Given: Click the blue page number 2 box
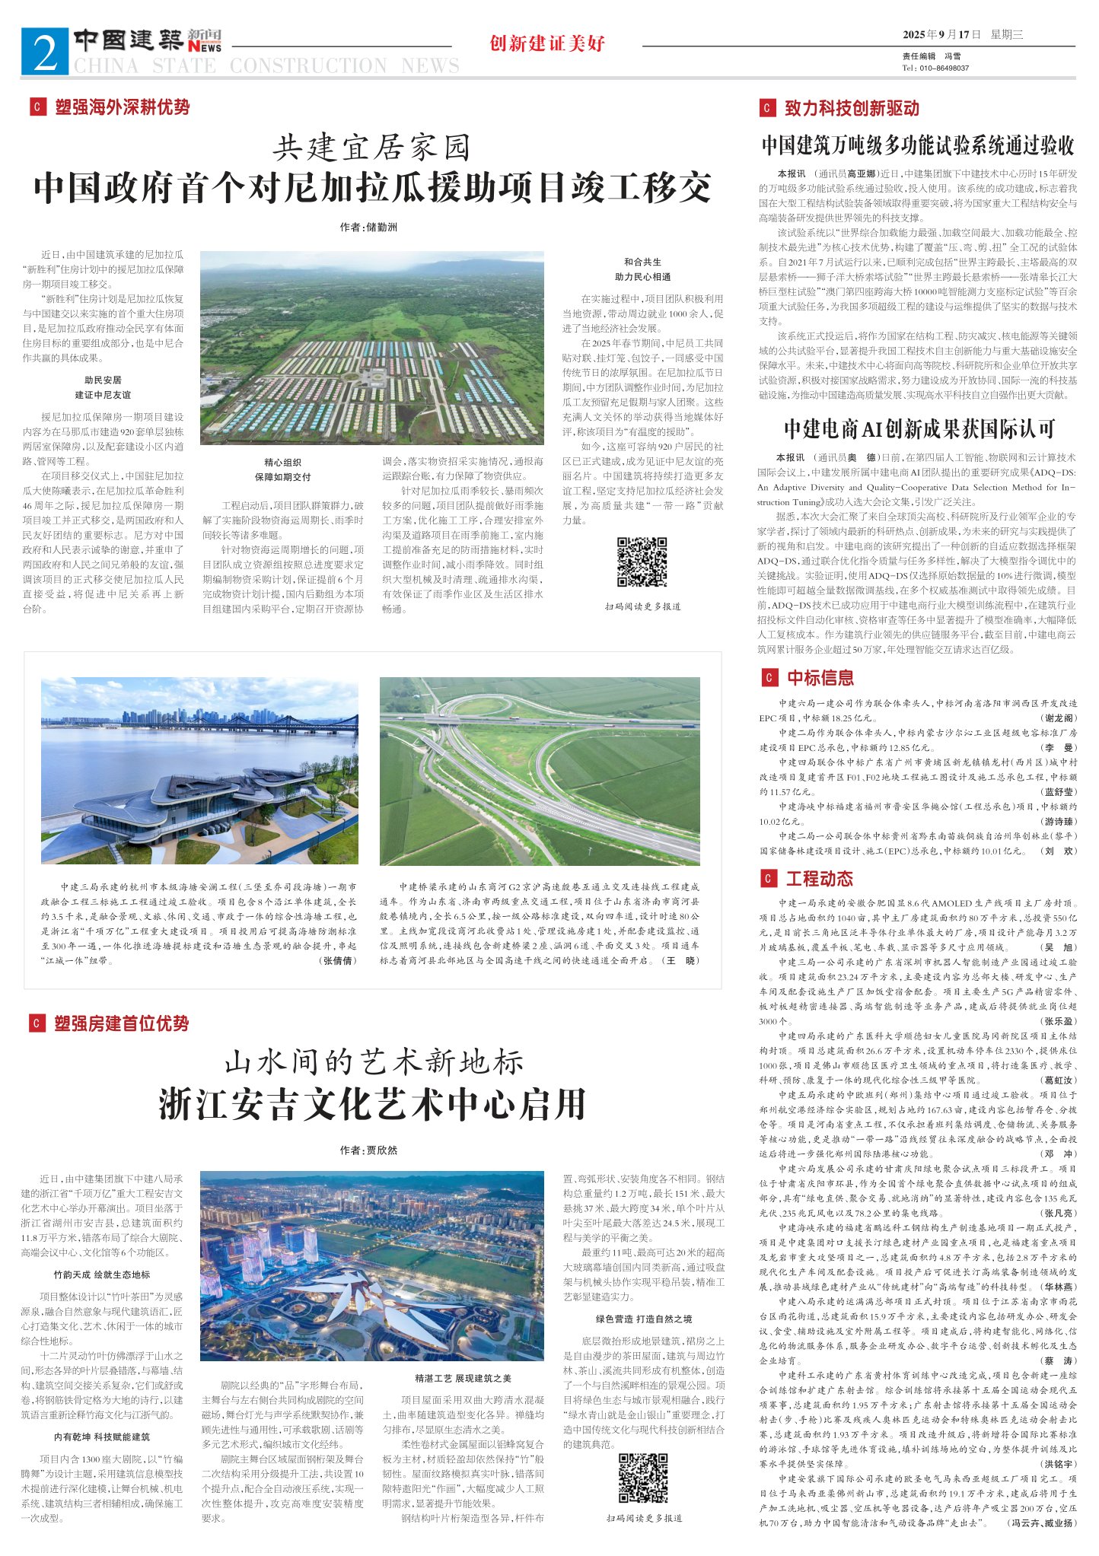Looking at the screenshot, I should tap(46, 51).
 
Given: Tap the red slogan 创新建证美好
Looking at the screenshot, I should tap(547, 43).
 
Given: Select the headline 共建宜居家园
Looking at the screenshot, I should tap(372, 148).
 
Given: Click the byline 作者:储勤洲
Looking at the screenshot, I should tap(369, 227).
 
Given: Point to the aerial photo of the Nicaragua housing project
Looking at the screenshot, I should tap(372, 348).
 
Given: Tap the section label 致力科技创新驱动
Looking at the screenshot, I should tap(851, 108).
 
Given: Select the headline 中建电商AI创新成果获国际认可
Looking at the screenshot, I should tap(919, 429).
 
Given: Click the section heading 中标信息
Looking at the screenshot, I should tap(820, 678).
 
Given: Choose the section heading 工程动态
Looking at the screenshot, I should tap(819, 879).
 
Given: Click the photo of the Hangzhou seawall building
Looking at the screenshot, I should tap(199, 771).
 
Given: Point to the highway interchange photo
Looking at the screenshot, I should tap(540, 771).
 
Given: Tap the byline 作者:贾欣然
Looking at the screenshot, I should tap(369, 1150).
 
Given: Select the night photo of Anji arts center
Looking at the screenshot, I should tap(372, 1266).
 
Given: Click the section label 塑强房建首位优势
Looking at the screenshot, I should tap(121, 1024).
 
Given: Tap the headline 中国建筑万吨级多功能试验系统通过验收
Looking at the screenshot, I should tap(918, 145).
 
